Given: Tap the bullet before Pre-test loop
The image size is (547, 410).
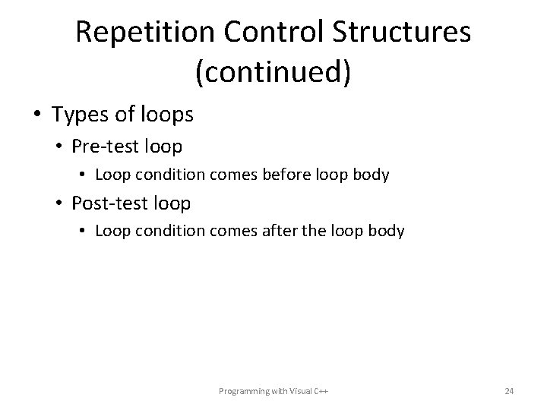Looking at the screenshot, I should click(60, 145).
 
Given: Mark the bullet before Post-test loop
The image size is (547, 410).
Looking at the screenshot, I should click(60, 203).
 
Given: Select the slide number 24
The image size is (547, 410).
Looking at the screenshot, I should click(509, 391).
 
